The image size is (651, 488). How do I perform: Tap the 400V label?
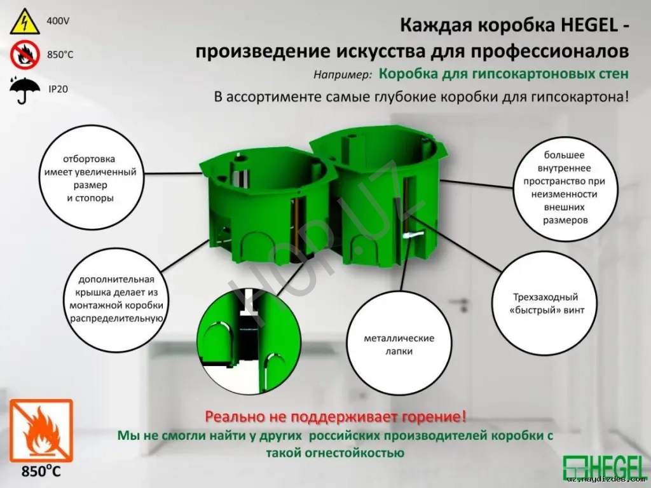pos(58,21)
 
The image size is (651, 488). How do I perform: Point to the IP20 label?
pos(58,89)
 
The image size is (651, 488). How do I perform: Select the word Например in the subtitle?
pos(342,74)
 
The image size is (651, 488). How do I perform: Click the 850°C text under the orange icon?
pos(41,472)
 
